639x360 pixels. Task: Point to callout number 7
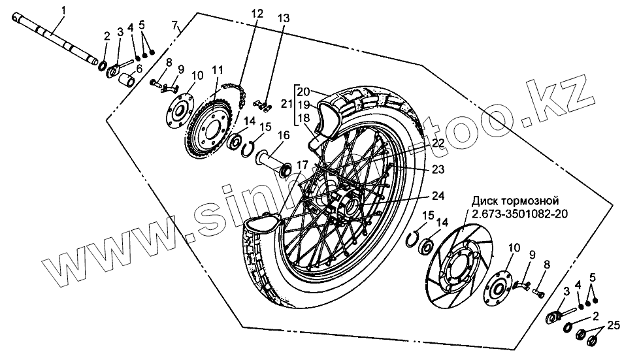point(174,25)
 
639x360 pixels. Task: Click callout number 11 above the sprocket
point(216,69)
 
